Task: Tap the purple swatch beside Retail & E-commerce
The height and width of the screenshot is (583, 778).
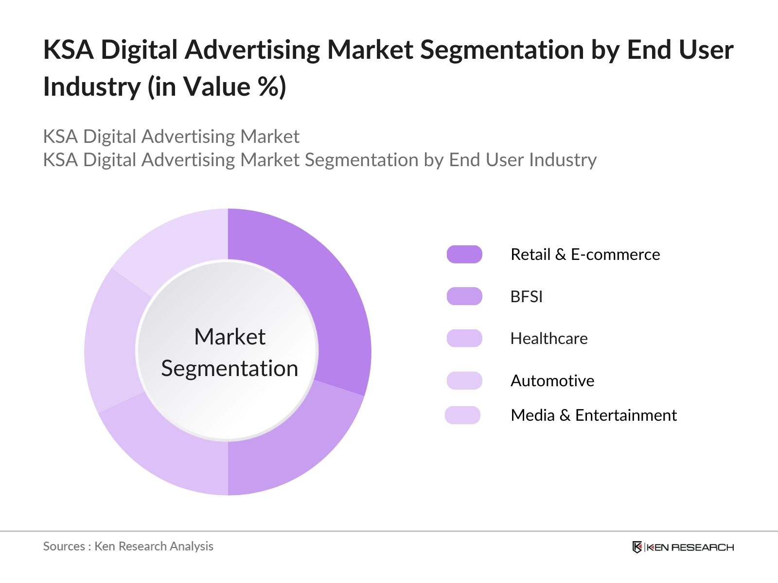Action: (x=464, y=254)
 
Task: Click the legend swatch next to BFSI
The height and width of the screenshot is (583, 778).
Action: (x=464, y=296)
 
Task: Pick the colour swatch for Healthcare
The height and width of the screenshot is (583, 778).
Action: (x=464, y=338)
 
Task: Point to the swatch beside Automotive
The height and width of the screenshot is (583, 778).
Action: (x=464, y=380)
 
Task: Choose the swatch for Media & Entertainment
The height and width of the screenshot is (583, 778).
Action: (x=462, y=415)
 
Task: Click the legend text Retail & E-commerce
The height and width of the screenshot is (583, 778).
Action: (x=585, y=254)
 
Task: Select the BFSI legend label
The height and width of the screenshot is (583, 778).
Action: (x=526, y=296)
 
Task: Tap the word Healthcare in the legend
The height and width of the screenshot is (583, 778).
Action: (x=548, y=338)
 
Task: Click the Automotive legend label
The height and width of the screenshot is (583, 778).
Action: (x=552, y=380)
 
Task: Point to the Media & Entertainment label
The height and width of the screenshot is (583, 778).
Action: (x=593, y=415)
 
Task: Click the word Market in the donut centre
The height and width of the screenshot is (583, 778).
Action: (x=230, y=336)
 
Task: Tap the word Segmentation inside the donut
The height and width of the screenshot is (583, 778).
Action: (x=230, y=368)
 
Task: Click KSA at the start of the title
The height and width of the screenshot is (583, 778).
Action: (x=68, y=50)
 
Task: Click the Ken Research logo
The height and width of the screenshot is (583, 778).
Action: (x=683, y=547)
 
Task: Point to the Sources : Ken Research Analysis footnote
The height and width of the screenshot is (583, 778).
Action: (x=128, y=546)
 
